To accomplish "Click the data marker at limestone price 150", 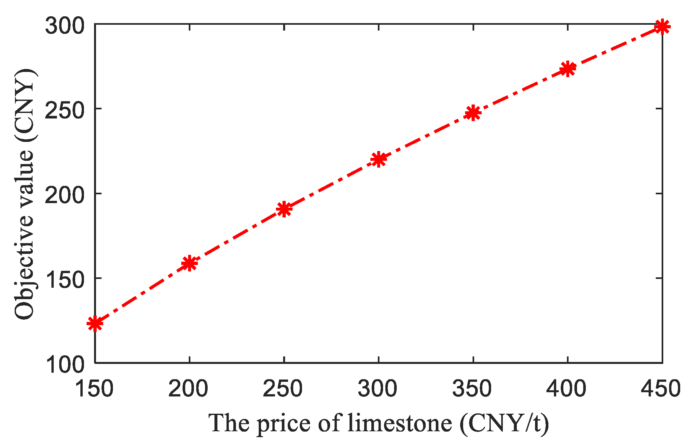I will (95, 323).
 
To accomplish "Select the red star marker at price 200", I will (189, 263).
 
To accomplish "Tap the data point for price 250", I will (284, 209).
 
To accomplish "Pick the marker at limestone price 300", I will (378, 159).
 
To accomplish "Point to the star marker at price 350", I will (473, 113).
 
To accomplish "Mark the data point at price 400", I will (568, 69).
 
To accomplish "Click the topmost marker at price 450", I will (662, 27).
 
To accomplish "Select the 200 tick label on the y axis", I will (64, 195).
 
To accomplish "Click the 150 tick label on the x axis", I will (94, 388).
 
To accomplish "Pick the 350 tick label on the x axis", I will (473, 388).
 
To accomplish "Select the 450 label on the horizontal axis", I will (661, 388).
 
